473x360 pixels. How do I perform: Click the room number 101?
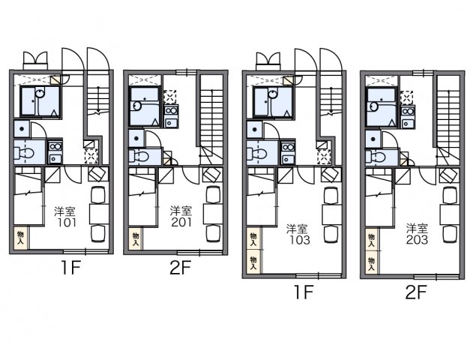pos(65,222)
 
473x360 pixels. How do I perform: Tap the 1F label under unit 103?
pos(301,293)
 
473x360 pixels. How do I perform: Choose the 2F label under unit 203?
pos(417,293)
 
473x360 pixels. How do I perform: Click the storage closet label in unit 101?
pos(20,238)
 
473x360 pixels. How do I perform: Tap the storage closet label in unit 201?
pos(136,238)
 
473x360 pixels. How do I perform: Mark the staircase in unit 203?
pos(448,120)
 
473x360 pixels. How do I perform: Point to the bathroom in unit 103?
pos(271,102)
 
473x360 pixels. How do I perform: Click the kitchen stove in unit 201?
pos(170,116)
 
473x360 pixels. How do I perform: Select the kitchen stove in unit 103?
pos(288,152)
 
